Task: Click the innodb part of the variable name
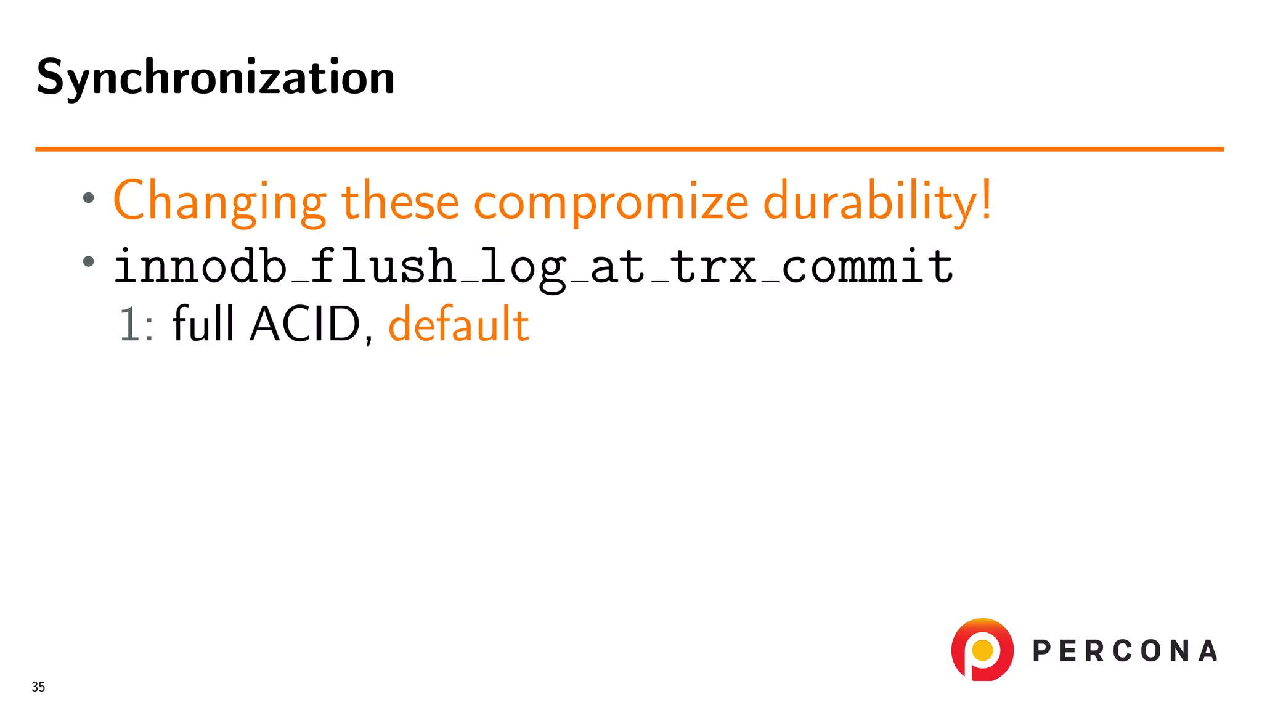coord(200,267)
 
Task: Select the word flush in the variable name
coord(382,267)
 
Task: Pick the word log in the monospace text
coord(523,268)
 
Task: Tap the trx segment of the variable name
coord(714,267)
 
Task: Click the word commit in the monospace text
coord(868,267)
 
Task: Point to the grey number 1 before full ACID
coord(130,324)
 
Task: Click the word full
coord(203,323)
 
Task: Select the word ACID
coord(305,324)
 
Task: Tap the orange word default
coord(458,324)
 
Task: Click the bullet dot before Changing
coord(89,198)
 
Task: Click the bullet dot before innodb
coord(89,261)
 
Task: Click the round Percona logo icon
coord(982,650)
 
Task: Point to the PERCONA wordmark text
coord(1125,651)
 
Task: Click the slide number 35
coord(38,687)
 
